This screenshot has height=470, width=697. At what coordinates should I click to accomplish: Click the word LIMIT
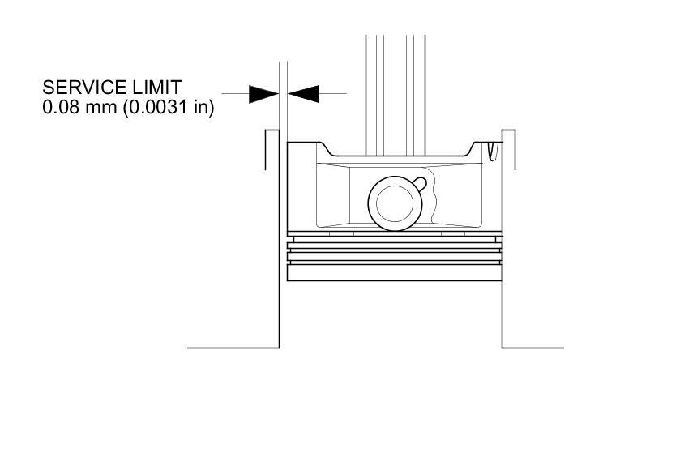[157, 87]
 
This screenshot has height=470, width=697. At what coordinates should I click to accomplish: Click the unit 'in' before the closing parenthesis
[200, 106]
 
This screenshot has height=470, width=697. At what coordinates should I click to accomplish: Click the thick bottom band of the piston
[394, 273]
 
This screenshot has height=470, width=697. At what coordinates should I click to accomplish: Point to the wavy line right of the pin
[436, 199]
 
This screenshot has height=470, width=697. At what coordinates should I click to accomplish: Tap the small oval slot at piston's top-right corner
[493, 149]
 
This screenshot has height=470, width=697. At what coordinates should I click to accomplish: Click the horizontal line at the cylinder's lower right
[532, 348]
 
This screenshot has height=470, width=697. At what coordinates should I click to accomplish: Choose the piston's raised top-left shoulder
[308, 146]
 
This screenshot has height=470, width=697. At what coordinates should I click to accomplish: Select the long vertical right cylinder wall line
[502, 243]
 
